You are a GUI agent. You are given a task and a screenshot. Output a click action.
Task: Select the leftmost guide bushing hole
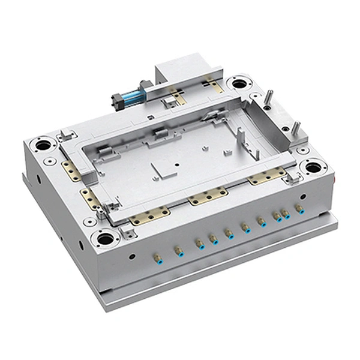(43, 144)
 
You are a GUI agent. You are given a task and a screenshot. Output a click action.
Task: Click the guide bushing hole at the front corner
(106, 238)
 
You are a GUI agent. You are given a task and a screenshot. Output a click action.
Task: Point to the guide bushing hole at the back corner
(239, 81)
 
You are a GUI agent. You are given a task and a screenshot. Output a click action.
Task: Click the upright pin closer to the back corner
(269, 96)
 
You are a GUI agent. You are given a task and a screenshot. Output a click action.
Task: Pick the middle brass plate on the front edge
(208, 196)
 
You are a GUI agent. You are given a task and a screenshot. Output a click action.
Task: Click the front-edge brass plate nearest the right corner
(266, 176)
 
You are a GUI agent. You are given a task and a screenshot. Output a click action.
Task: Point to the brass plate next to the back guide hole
(213, 84)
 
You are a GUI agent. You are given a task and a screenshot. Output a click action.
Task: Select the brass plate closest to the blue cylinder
(177, 94)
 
